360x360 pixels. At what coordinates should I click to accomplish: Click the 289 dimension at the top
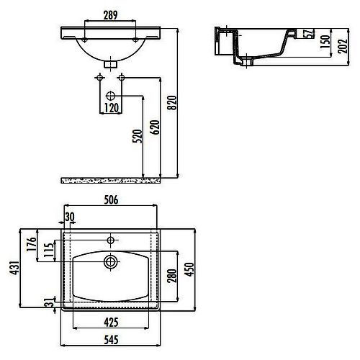click(x=110, y=15)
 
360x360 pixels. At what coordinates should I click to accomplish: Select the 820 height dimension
click(x=172, y=103)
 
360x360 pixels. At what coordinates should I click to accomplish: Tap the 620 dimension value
click(x=155, y=127)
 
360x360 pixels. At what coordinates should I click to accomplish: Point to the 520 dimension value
click(x=138, y=136)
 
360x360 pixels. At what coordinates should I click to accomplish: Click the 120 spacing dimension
click(x=112, y=108)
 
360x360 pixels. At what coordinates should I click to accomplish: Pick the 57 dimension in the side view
click(x=309, y=33)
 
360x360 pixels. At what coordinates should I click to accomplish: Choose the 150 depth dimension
click(x=325, y=42)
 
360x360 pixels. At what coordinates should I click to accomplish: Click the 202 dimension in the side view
click(x=343, y=46)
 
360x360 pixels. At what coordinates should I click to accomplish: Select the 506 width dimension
click(x=111, y=200)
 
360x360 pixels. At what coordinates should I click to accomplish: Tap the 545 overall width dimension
click(x=112, y=340)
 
